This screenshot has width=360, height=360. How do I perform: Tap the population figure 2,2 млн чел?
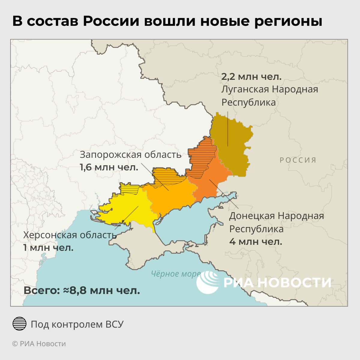pos(251,76)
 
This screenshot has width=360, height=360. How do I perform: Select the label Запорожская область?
pos(130,154)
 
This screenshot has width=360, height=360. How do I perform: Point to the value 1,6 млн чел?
pos(109,167)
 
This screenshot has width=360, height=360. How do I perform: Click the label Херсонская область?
pos(70,235)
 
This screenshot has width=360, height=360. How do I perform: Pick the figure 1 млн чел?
pos(48,248)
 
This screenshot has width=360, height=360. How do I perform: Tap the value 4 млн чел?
pos(256,241)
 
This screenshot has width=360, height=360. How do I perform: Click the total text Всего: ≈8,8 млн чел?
pos(82,290)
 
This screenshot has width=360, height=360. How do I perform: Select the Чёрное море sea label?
pos(175,274)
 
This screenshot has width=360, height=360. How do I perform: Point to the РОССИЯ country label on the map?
pos(298,160)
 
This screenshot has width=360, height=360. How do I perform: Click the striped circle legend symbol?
pos(19,324)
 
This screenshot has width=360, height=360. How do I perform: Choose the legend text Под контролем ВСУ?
pos(77,324)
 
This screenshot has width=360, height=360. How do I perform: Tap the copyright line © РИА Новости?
pos(39,344)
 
